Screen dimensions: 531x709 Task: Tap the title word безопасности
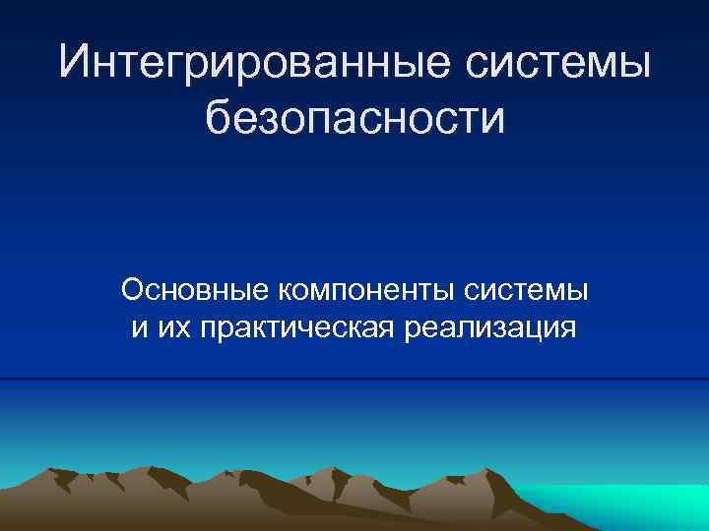coord(354,119)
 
